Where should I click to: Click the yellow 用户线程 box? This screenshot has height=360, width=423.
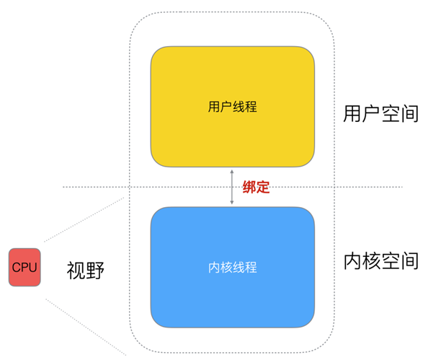[232, 107]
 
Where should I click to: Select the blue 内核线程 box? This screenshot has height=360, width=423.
[232, 267]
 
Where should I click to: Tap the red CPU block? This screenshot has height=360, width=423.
[25, 267]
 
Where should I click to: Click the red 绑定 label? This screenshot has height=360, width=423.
[256, 187]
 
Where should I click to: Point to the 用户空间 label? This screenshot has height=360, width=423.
[380, 113]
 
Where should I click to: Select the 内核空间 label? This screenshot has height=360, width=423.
[380, 261]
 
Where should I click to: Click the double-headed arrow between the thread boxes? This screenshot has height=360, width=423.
[232, 187]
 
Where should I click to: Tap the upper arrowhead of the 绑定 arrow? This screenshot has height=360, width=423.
[232, 172]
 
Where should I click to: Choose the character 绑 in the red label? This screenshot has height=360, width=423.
[249, 187]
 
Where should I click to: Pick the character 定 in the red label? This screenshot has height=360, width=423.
[263, 187]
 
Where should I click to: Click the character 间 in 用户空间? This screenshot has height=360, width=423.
[409, 113]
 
